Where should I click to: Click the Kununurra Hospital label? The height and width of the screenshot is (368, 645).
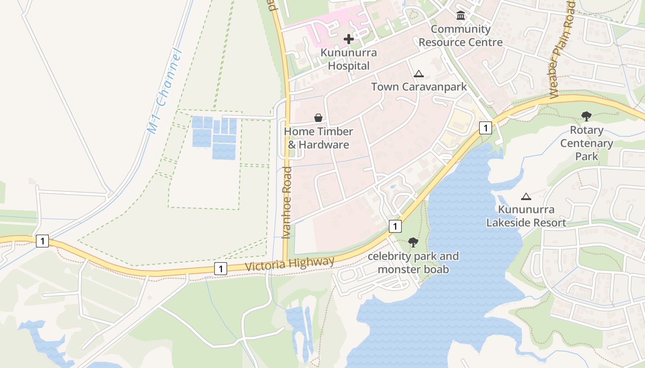click(349, 59)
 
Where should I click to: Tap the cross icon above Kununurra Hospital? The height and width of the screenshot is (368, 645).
click(349, 39)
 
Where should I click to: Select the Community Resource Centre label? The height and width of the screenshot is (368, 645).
click(461, 36)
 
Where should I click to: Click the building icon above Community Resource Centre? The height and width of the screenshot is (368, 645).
click(460, 16)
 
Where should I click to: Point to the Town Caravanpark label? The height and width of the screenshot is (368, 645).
click(419, 86)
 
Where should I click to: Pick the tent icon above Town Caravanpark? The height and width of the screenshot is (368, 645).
click(418, 74)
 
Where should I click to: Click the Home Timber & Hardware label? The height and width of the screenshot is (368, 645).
click(318, 138)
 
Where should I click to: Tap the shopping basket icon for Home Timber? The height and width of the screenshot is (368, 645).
click(318, 118)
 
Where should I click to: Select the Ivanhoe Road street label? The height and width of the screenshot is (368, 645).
click(287, 202)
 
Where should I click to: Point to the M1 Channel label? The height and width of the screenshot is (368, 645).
click(164, 91)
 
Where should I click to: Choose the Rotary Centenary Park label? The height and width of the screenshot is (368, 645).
click(586, 143)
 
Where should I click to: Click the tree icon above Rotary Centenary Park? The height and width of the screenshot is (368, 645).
click(586, 116)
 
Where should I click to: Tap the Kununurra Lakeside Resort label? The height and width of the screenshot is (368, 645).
click(526, 216)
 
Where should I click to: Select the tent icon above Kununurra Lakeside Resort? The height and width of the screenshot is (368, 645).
click(526, 197)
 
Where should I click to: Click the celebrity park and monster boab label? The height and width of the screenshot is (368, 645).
click(413, 263)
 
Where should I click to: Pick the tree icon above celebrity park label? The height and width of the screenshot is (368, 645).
click(413, 242)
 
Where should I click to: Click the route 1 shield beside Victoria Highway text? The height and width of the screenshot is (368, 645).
click(221, 269)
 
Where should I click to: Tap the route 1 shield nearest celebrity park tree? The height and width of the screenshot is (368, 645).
click(395, 226)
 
